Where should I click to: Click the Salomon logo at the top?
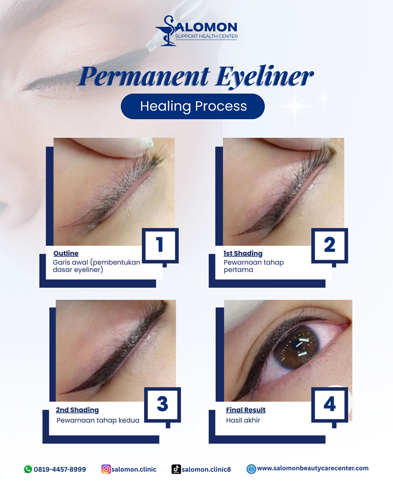(196, 30)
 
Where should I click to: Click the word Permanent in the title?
(144, 76)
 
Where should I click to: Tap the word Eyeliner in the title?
(264, 77)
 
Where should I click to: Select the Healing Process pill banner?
(193, 106)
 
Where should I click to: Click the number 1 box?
(160, 245)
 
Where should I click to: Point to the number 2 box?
(330, 245)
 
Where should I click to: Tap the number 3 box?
(162, 405)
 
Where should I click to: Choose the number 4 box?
(330, 405)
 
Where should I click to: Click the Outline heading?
(66, 253)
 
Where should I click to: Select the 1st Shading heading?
(243, 254)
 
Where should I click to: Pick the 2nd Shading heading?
(78, 410)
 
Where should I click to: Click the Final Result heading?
(246, 410)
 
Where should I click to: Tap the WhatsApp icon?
(28, 469)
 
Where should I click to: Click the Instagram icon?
(106, 469)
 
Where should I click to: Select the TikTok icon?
(176, 469)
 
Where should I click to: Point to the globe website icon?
(252, 469)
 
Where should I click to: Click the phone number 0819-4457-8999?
(60, 469)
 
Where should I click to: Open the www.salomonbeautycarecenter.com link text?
(313, 468)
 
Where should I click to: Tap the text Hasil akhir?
(243, 420)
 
